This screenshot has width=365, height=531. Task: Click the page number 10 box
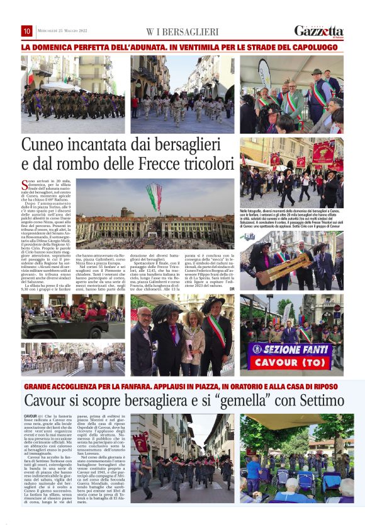click(x=27, y=31)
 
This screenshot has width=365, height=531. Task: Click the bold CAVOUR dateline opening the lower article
click(x=30, y=417)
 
